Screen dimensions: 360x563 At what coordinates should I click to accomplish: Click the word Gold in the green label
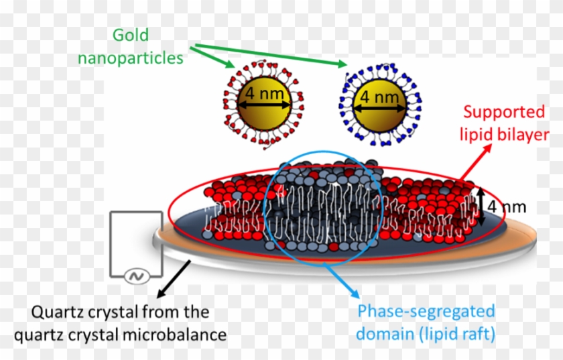coord(130,34)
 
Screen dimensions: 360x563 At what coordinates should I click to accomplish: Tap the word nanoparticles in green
coord(130,58)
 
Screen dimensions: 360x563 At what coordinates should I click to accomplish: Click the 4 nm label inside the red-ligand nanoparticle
coord(263,93)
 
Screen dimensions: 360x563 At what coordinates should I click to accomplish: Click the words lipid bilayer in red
coord(505,135)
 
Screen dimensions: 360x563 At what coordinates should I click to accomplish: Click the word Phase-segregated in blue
coord(426,312)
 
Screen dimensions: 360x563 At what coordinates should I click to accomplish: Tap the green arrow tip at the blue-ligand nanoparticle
coord(346,66)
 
